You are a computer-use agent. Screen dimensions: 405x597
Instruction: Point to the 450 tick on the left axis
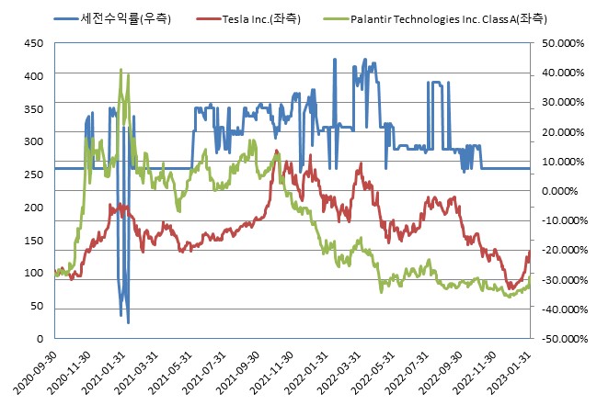32,43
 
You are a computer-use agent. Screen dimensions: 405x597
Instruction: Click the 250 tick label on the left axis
32,174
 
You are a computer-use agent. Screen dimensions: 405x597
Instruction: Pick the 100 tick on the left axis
32,274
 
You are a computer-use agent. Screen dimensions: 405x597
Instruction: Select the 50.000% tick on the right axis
563,43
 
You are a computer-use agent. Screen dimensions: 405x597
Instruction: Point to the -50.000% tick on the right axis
561,339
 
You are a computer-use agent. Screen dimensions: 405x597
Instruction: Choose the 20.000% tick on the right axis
563,132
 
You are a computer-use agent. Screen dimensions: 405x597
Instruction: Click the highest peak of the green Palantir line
121,69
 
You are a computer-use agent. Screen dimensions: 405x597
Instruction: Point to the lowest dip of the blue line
128,323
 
